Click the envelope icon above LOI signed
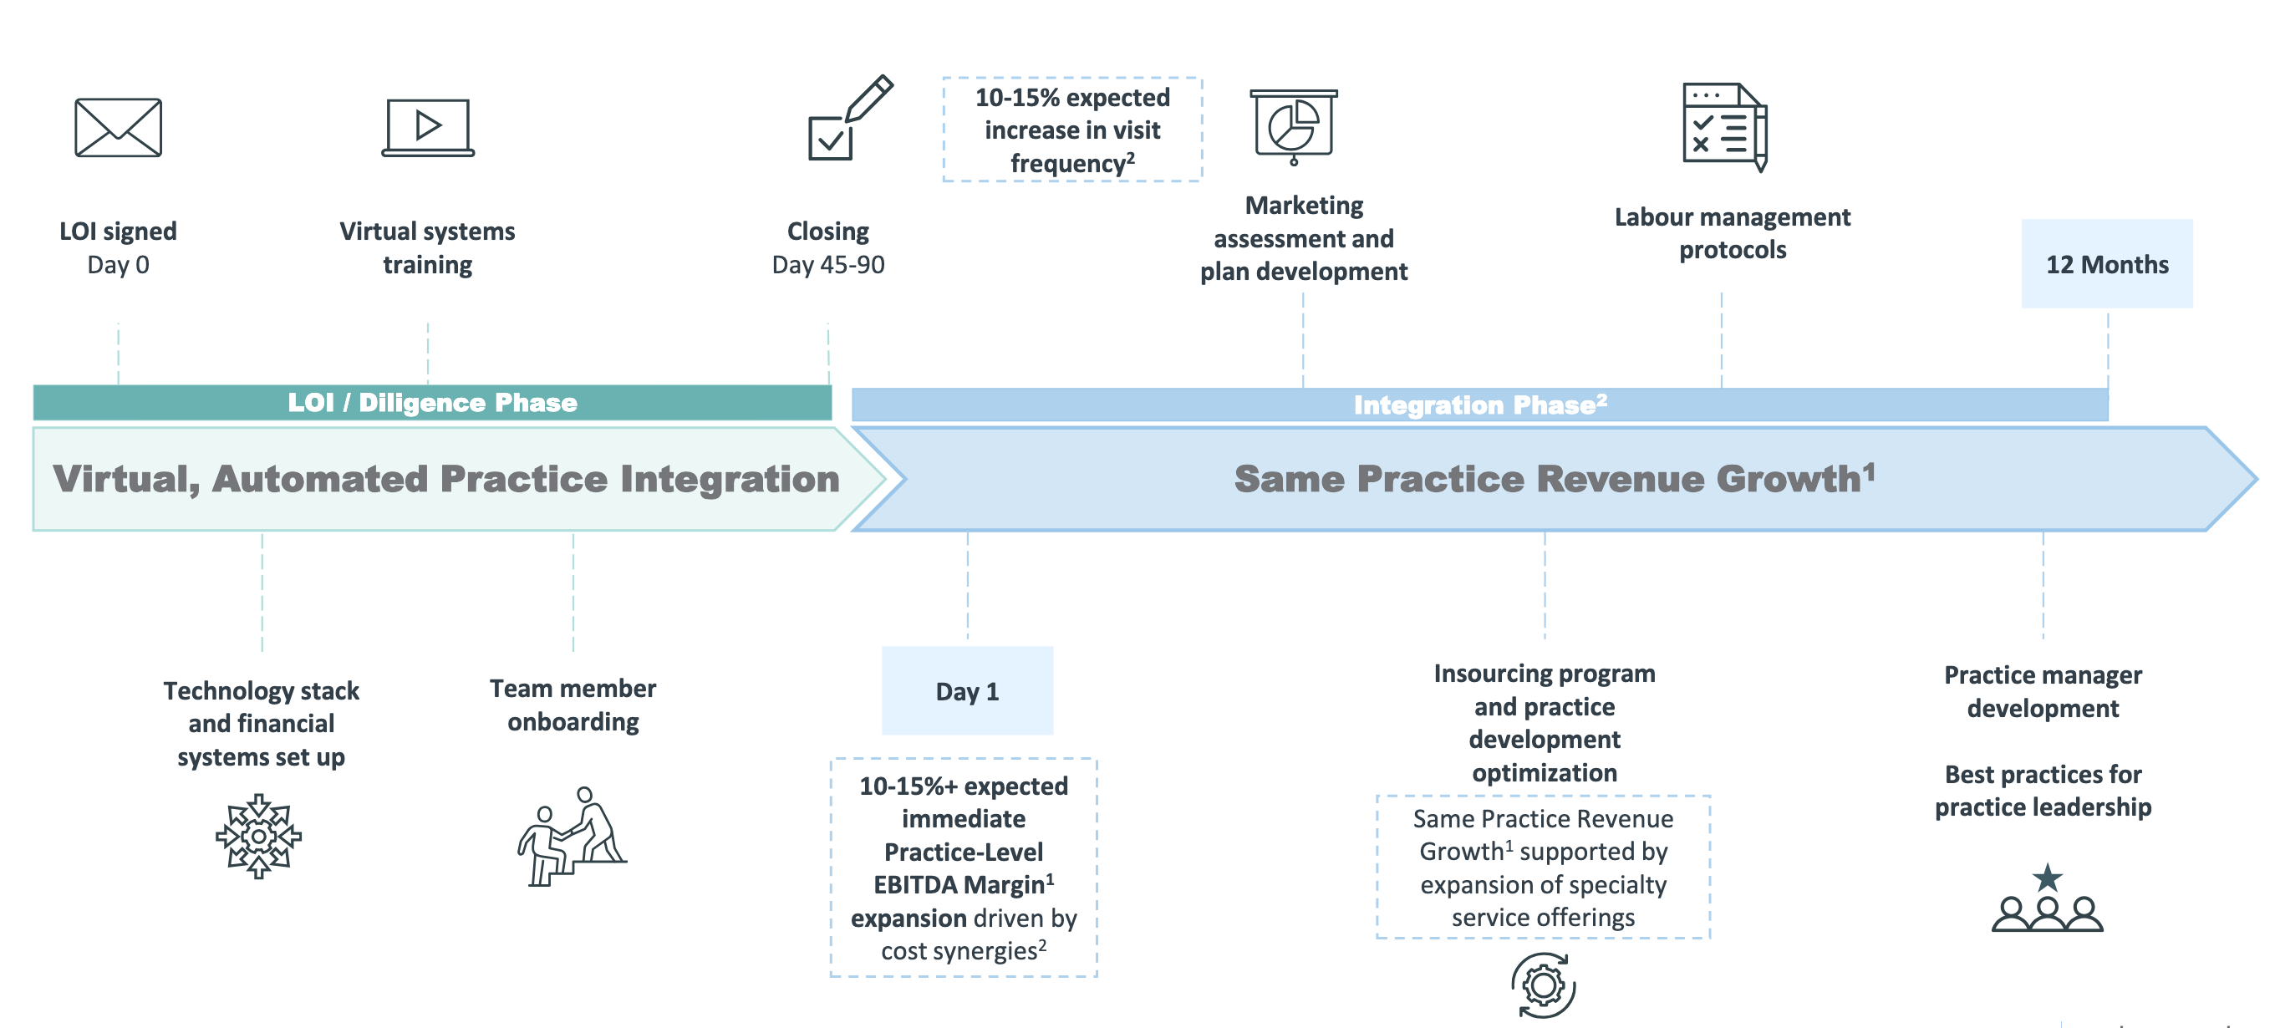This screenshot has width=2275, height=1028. (119, 127)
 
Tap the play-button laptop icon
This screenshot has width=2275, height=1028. (428, 127)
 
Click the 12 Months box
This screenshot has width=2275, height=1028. (2106, 264)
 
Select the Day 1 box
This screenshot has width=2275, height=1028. (967, 690)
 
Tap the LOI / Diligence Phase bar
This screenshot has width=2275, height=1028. (432, 403)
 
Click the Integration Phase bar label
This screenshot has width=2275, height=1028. (1480, 405)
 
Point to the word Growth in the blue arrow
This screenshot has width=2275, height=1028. (1789, 479)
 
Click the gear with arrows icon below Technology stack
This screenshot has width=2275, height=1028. (259, 836)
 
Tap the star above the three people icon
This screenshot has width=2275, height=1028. (2047, 878)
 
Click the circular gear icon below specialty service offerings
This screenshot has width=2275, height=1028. (1543, 985)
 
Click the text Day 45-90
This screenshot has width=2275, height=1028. (827, 265)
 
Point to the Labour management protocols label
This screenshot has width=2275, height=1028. (1732, 233)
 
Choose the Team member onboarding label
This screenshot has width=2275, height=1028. (573, 705)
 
